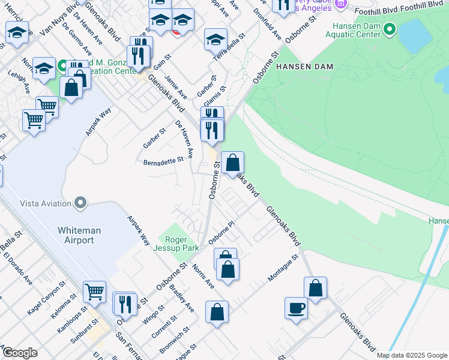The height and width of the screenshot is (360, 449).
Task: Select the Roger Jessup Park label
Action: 176,243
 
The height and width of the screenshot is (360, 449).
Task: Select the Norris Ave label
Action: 203,274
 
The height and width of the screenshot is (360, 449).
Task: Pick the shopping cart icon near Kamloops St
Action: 95,292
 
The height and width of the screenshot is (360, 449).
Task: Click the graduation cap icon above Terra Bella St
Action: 215,40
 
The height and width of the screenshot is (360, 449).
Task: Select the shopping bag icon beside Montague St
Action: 315,288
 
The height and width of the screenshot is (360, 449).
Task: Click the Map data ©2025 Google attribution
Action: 412,355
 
